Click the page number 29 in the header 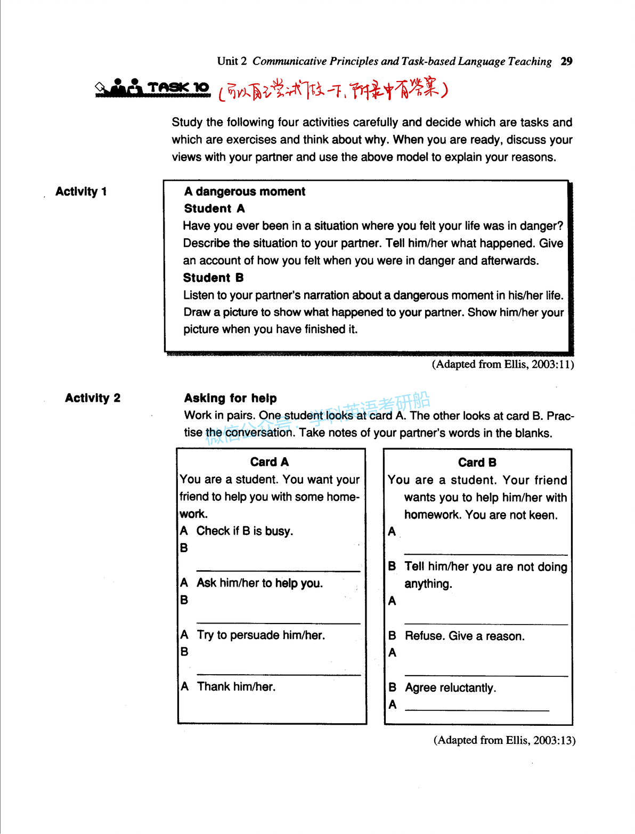(x=566, y=61)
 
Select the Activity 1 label (x=81, y=192)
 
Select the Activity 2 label (x=93, y=398)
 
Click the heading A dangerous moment (x=245, y=192)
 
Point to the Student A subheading (x=214, y=209)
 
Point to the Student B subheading (x=213, y=278)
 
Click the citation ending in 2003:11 (x=502, y=365)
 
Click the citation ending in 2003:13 (x=504, y=740)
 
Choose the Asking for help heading (x=230, y=399)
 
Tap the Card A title (x=270, y=462)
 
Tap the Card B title (x=477, y=463)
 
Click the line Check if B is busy (x=245, y=531)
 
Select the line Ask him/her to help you (x=259, y=583)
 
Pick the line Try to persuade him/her (x=260, y=635)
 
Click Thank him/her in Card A (x=236, y=687)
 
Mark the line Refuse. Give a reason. (x=465, y=636)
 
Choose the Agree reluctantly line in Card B (x=450, y=688)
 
